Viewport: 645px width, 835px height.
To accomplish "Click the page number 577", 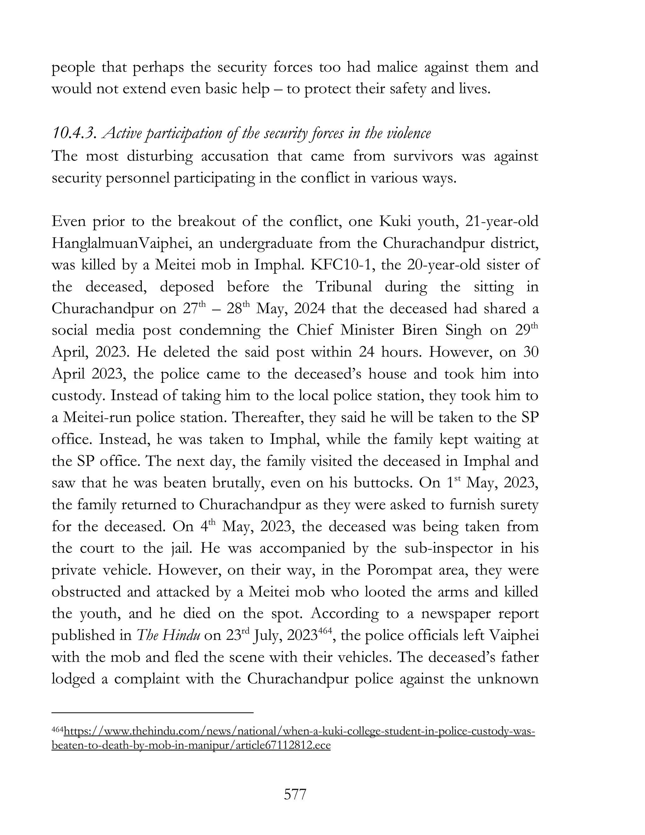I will [x=295, y=794].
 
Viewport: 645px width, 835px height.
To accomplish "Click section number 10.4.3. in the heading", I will [x=74, y=133].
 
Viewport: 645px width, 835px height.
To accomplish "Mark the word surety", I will [x=516, y=505].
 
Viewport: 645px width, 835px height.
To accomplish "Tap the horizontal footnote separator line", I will [x=152, y=712].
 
